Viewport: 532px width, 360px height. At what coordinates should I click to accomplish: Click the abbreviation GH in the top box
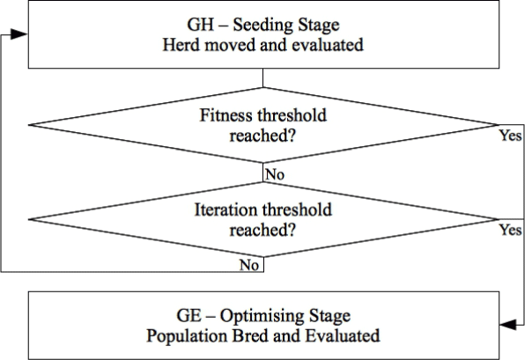(201, 25)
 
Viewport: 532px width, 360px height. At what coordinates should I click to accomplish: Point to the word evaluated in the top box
(328, 45)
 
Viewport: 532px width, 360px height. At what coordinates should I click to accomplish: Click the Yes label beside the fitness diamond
(510, 136)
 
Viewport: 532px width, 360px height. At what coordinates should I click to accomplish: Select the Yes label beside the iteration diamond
(510, 230)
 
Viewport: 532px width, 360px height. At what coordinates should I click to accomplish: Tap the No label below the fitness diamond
(275, 174)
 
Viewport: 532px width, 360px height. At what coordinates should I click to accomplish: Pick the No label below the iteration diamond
(249, 265)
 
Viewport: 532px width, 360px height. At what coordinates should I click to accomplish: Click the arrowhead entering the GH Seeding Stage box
(19, 34)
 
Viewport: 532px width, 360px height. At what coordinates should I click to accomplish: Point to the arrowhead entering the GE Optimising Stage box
(508, 325)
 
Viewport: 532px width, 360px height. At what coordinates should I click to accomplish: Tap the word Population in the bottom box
(188, 336)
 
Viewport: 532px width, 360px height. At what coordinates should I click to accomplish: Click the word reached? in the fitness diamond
(263, 136)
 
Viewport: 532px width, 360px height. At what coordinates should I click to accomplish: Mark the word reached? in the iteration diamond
(263, 231)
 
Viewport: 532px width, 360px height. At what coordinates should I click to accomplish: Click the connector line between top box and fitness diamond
(263, 78)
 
